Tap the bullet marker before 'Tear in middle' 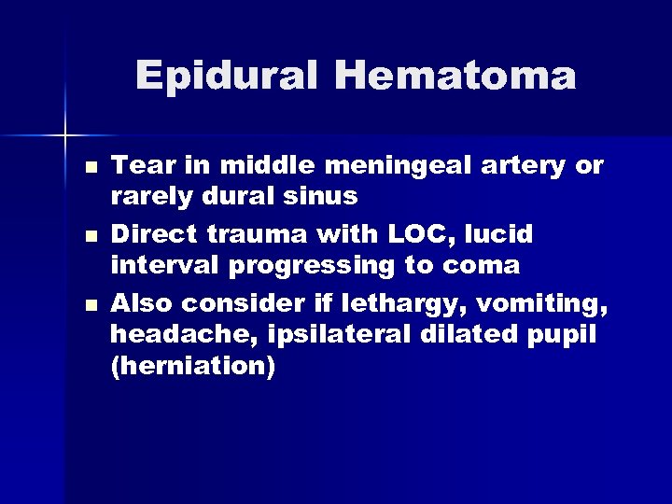[x=89, y=168]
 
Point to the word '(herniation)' [x=192, y=367]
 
